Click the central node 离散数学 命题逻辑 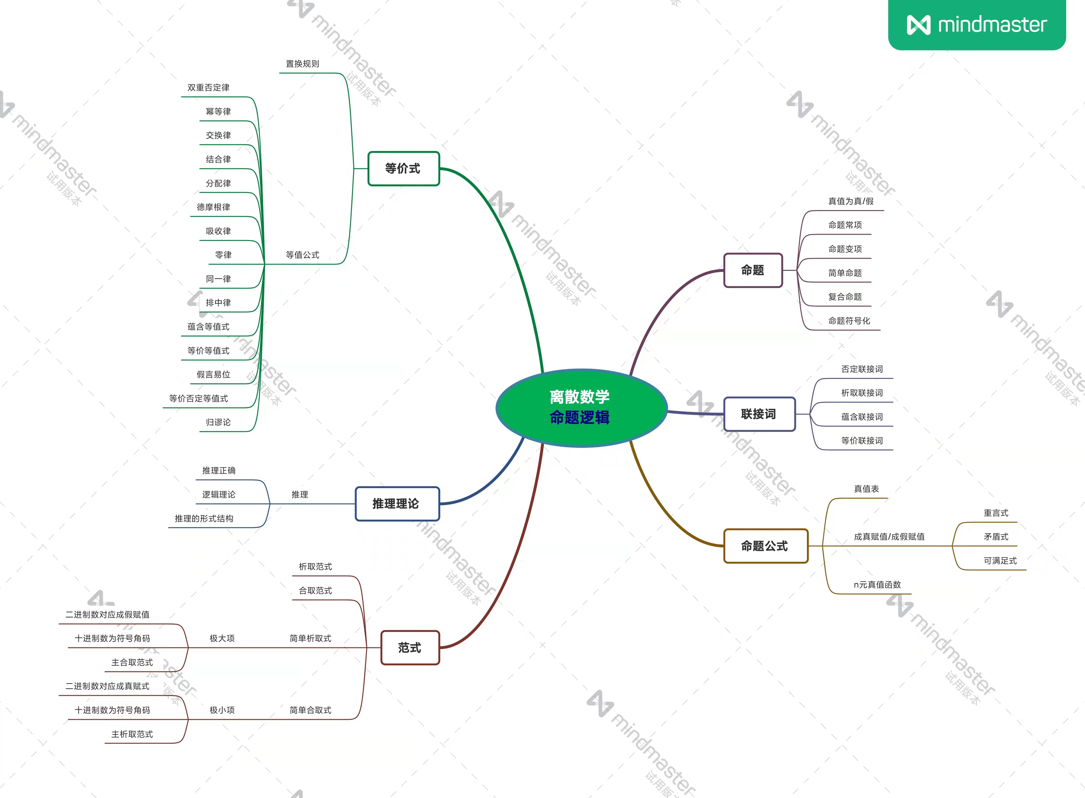581,407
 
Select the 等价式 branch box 403,169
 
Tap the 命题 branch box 753,270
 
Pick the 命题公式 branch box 765,546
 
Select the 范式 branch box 410,648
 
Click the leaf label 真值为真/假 851,201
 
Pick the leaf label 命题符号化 849,321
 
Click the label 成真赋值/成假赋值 889,537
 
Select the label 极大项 222,638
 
